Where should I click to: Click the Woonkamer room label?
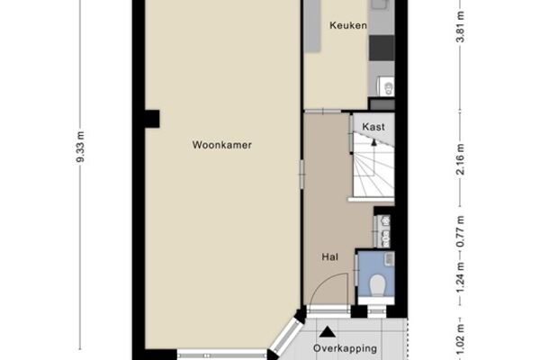221,145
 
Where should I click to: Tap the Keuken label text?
347,25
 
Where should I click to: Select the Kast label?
373,127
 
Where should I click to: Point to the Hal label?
330,257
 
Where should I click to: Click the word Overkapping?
345,348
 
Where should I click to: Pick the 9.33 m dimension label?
80,147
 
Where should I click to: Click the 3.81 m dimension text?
460,27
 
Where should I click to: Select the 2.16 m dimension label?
460,159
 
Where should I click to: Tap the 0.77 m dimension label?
460,231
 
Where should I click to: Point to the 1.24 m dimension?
460,277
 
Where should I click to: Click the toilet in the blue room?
377,284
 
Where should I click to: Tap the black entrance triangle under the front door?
328,332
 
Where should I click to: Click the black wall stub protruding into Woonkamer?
152,119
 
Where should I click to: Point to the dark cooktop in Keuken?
382,48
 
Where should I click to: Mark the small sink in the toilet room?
390,259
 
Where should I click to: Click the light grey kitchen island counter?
312,26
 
